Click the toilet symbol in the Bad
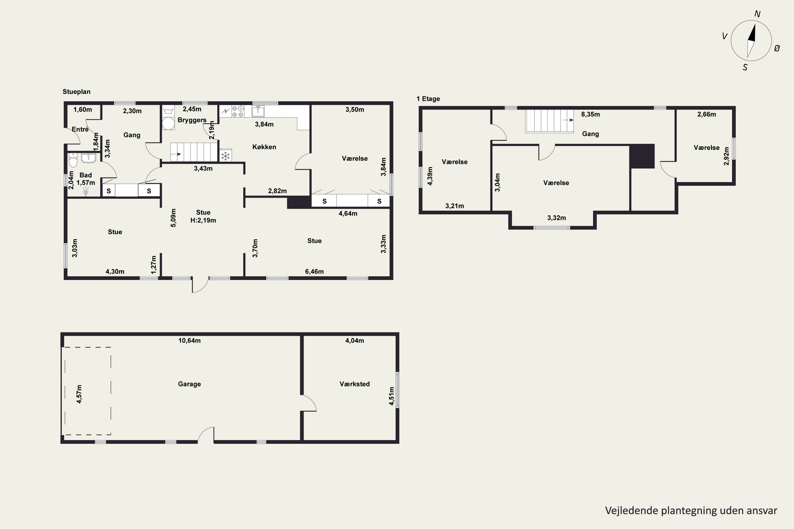73,160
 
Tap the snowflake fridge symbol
225,156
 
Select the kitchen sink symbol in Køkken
258,111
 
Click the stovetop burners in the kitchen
238,111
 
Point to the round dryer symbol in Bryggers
168,124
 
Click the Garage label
190,384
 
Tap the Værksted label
354,384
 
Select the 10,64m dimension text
190,341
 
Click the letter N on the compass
757,14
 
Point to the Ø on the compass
777,48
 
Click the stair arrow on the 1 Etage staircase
568,120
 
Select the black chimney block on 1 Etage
642,156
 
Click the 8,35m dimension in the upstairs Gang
590,114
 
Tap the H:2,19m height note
203,220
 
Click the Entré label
80,129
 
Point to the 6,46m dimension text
314,272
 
